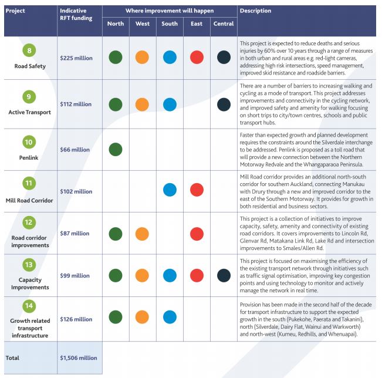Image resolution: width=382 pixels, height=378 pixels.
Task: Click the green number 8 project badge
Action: (x=29, y=50)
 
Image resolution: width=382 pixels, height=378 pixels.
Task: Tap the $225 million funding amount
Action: (x=76, y=58)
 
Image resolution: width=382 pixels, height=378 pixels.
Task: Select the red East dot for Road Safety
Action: (x=197, y=58)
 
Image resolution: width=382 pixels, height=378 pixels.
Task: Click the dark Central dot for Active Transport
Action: (x=224, y=104)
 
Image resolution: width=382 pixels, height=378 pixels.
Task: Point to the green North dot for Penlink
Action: (x=116, y=150)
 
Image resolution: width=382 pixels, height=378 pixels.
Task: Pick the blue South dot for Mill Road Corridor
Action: (x=170, y=190)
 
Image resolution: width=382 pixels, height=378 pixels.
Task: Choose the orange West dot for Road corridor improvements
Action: (x=142, y=234)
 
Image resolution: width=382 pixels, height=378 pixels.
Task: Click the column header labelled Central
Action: (x=224, y=23)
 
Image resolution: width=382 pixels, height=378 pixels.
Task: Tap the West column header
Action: (x=143, y=23)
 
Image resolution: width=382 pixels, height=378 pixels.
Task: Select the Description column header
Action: (x=255, y=11)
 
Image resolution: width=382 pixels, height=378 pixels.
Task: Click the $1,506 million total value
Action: (x=79, y=358)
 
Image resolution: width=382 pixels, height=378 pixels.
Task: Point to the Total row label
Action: (x=12, y=358)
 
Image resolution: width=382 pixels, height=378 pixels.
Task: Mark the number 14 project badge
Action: (x=29, y=306)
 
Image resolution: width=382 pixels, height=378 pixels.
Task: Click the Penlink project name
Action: (x=29, y=158)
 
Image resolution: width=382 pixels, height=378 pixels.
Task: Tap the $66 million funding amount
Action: (x=75, y=150)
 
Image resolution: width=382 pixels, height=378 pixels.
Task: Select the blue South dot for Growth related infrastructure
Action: (x=170, y=317)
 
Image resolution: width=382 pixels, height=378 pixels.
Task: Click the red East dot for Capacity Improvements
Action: (x=197, y=275)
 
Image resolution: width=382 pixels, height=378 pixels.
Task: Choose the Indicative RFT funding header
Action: (x=76, y=14)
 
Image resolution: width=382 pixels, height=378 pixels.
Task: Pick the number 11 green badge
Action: (x=29, y=183)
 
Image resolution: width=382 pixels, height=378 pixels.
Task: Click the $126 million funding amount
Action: (x=76, y=319)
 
